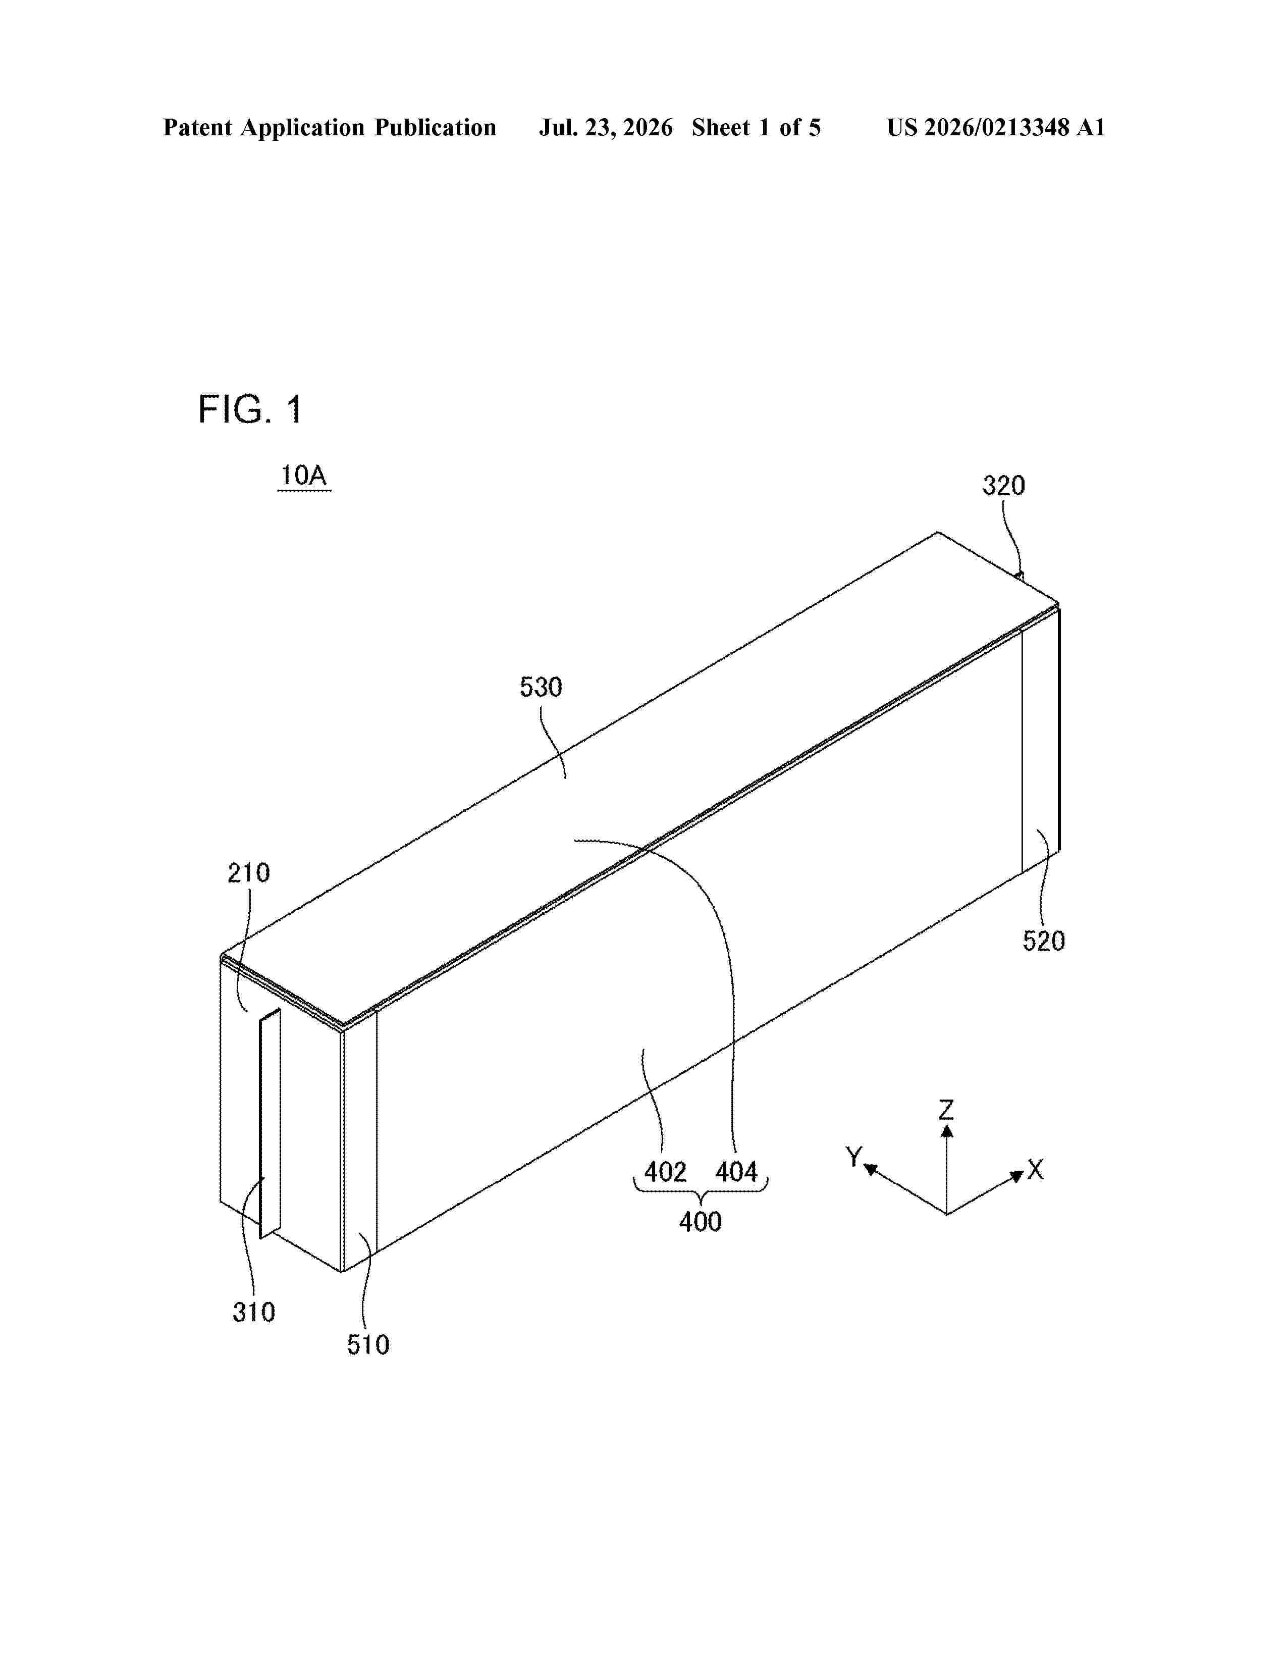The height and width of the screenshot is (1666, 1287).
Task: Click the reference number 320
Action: (x=1003, y=486)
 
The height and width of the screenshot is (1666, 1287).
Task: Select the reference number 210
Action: (x=248, y=873)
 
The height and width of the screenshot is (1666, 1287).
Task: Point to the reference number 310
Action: (x=254, y=1312)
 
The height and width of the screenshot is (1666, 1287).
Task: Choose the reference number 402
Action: (x=665, y=1172)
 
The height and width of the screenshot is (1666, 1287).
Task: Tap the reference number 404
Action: (x=736, y=1172)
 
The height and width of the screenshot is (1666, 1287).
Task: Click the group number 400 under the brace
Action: (x=700, y=1222)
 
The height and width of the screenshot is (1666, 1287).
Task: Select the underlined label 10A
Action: (x=303, y=476)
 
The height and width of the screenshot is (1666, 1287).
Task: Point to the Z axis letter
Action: (x=946, y=1109)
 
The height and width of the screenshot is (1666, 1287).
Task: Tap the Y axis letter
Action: (x=854, y=1157)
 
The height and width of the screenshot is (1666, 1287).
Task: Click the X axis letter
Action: (x=1035, y=1169)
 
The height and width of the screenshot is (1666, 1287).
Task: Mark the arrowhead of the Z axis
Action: (x=946, y=1131)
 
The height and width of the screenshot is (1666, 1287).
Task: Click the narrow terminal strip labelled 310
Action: (x=270, y=1122)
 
